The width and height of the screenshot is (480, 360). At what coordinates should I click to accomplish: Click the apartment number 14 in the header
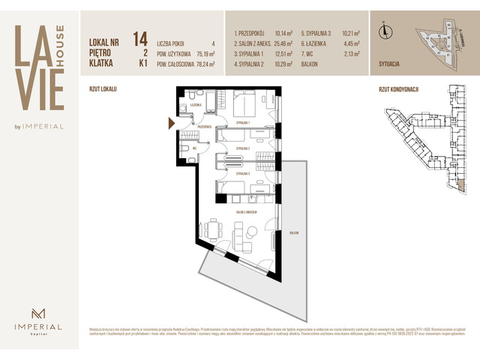[139, 38]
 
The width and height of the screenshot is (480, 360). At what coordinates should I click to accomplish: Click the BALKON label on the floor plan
[292, 232]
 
